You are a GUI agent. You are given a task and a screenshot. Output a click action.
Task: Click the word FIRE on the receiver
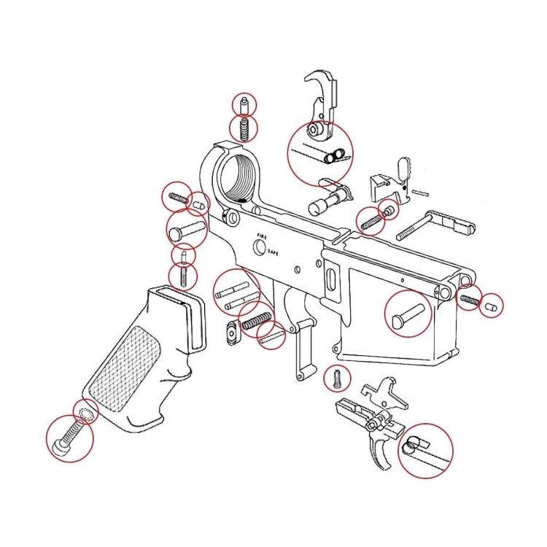[262, 236]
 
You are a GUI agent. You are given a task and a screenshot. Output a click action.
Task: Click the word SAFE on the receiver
[273, 252]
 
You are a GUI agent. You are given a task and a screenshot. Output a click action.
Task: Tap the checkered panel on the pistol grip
[125, 368]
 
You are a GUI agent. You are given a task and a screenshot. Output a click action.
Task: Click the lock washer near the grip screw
[85, 414]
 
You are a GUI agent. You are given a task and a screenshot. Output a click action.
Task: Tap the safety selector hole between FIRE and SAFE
[259, 247]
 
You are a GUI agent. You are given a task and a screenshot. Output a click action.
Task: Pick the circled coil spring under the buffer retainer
[244, 129]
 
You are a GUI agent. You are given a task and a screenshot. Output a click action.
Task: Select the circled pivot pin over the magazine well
[408, 314]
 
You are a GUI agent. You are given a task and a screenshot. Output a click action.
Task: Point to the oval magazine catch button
[233, 333]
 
